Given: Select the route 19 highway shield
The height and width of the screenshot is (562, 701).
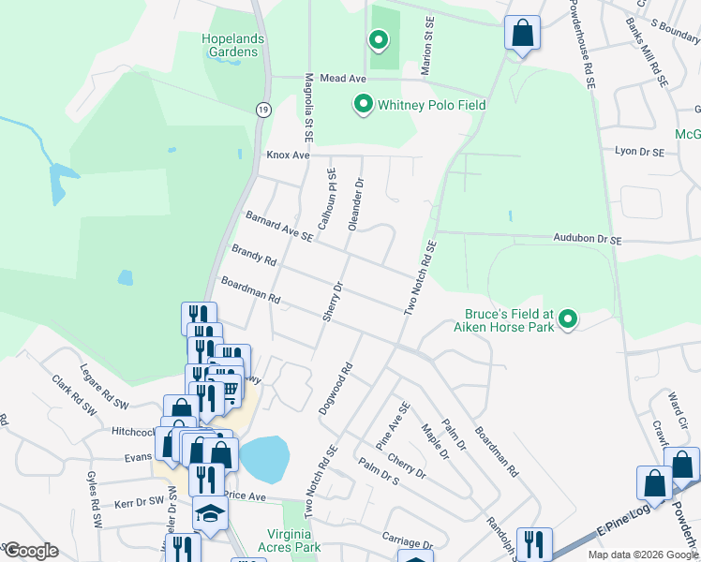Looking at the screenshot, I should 266,110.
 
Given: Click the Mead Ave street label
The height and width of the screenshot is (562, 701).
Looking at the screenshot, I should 342,80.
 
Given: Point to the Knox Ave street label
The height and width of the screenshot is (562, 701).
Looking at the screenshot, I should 288,154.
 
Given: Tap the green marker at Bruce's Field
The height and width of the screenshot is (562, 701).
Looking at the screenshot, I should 567,321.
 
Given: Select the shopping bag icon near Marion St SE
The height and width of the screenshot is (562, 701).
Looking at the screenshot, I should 522,34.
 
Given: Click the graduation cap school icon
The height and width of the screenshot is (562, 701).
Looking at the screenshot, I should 210,513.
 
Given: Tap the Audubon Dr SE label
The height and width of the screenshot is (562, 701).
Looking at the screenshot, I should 588,240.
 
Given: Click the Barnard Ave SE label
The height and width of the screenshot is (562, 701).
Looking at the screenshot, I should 278,226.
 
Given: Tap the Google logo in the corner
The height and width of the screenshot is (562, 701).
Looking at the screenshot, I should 30,551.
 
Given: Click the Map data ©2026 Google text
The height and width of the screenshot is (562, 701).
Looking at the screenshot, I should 642,555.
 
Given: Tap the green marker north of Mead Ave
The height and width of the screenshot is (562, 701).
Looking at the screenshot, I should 379,40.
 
